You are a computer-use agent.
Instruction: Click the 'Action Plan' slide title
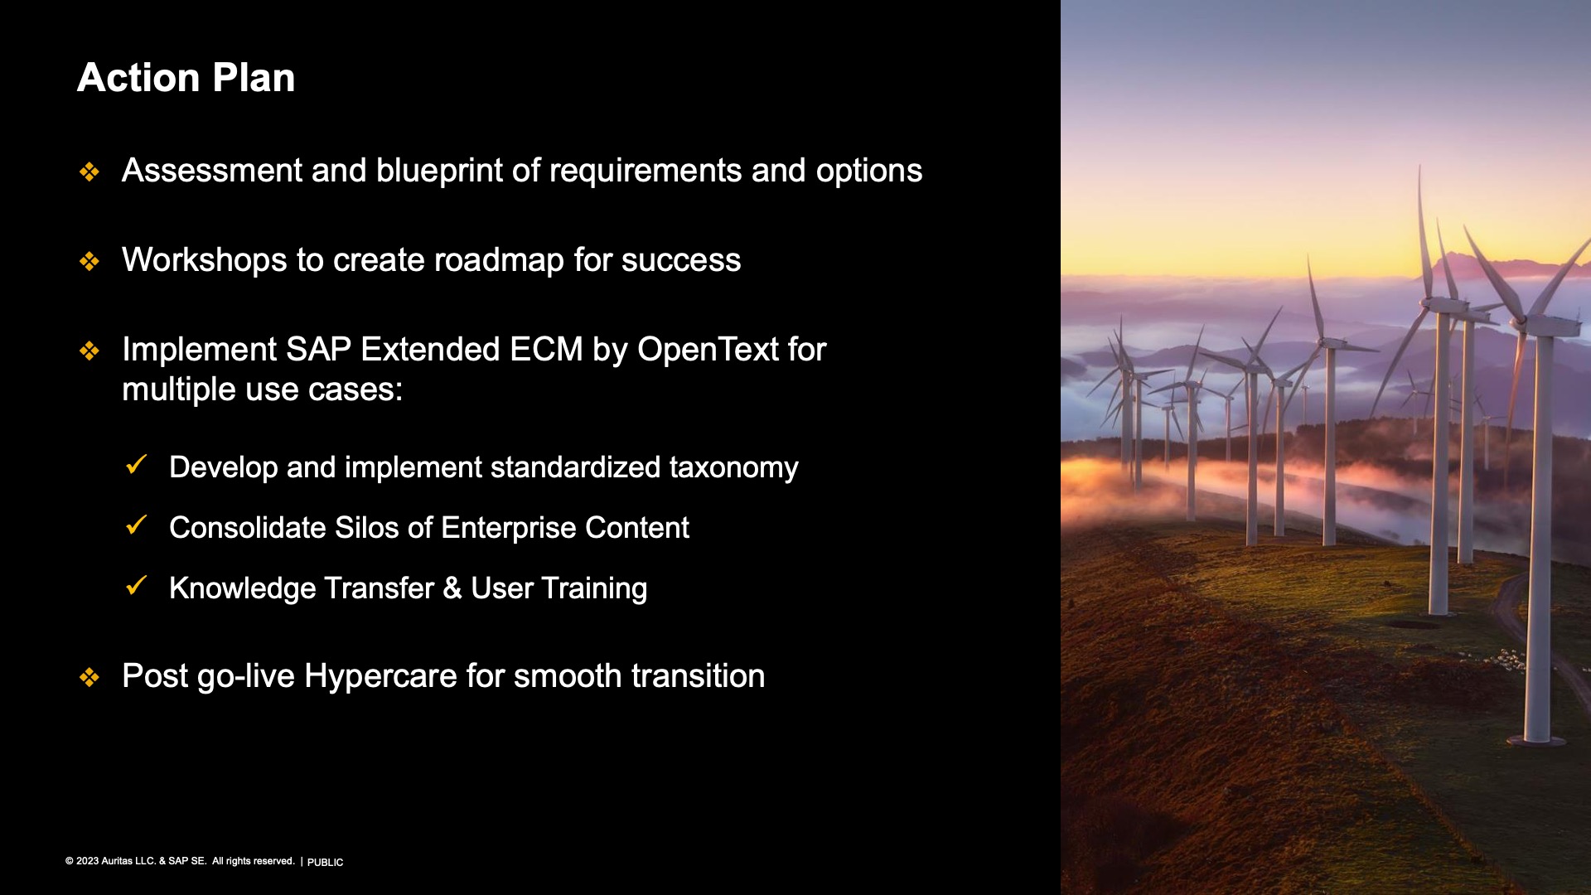pyautogui.click(x=186, y=78)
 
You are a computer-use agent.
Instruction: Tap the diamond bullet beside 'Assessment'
pyautogui.click(x=89, y=172)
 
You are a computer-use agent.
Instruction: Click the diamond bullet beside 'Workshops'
pyautogui.click(x=89, y=261)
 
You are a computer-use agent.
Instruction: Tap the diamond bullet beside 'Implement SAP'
pyautogui.click(x=89, y=351)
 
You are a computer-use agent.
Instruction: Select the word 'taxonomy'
pyautogui.click(x=734, y=468)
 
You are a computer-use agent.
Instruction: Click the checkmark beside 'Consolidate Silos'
pyautogui.click(x=136, y=525)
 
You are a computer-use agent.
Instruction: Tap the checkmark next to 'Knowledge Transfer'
pyautogui.click(x=136, y=585)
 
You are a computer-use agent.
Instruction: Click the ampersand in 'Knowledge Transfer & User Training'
pyautogui.click(x=452, y=588)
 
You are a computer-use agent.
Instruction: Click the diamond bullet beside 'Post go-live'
pyautogui.click(x=89, y=677)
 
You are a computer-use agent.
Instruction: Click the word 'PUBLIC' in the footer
pyautogui.click(x=325, y=863)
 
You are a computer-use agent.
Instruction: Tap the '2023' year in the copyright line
pyautogui.click(x=87, y=861)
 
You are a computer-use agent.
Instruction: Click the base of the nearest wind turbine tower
pyautogui.click(x=1537, y=738)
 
